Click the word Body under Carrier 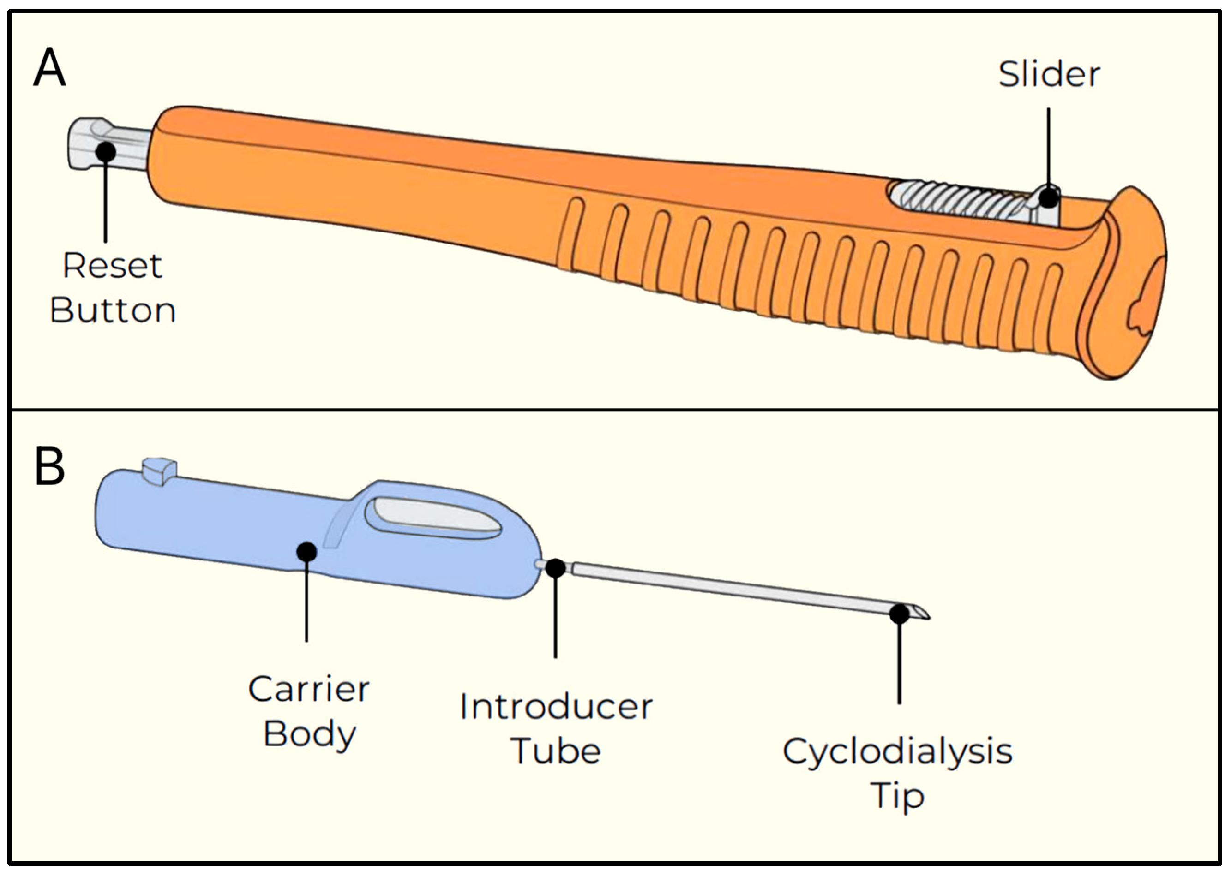tap(310, 735)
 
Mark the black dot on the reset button tap(106, 152)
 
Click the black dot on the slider tap(1049, 197)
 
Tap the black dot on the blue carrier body tap(306, 551)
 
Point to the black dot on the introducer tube tap(555, 568)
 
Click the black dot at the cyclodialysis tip tap(899, 614)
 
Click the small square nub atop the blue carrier tap(159, 471)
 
